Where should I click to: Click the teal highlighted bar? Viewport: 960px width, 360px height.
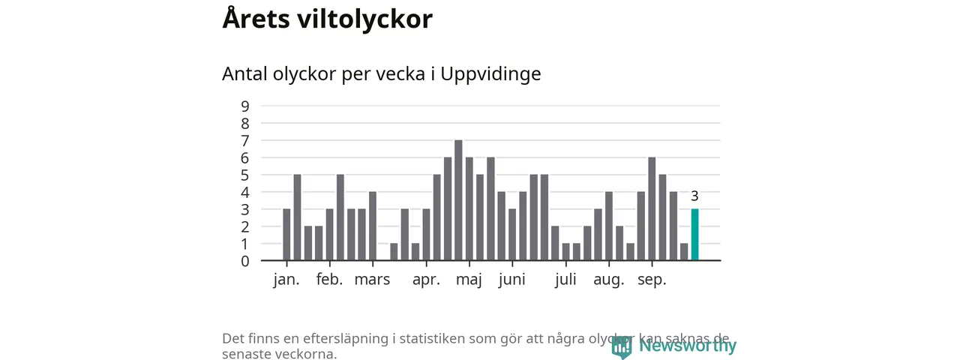pyautogui.click(x=694, y=235)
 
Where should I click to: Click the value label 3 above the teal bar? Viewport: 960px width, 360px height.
pyautogui.click(x=694, y=196)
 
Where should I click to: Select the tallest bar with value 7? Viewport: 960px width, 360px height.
pyautogui.click(x=458, y=200)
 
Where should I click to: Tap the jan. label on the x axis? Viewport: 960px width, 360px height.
pyautogui.click(x=286, y=280)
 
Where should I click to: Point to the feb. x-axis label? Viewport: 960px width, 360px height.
pyautogui.click(x=329, y=280)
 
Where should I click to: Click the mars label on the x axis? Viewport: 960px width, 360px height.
pyautogui.click(x=372, y=280)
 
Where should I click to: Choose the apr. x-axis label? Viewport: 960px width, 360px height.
pyautogui.click(x=426, y=280)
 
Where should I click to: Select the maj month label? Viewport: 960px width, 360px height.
pyautogui.click(x=469, y=280)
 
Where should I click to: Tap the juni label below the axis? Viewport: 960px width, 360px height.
pyautogui.click(x=511, y=280)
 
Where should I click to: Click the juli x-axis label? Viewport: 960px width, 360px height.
pyautogui.click(x=565, y=280)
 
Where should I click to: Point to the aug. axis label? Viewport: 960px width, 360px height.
pyautogui.click(x=608, y=280)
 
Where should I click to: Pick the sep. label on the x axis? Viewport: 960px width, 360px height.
pyautogui.click(x=652, y=280)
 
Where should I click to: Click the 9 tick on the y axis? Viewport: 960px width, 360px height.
pyautogui.click(x=245, y=106)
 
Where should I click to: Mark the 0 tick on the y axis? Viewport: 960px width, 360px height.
pyautogui.click(x=245, y=261)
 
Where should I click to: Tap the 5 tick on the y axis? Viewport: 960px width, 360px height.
pyautogui.click(x=245, y=175)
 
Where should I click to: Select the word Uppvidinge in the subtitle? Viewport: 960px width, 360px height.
pyautogui.click(x=490, y=74)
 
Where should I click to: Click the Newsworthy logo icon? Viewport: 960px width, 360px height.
pyautogui.click(x=621, y=346)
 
